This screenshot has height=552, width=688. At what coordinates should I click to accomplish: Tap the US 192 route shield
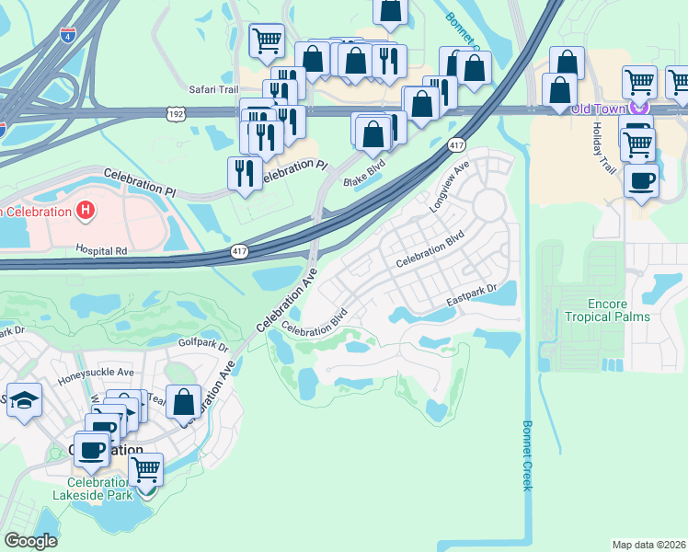(177, 112)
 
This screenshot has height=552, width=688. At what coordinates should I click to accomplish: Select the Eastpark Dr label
(472, 294)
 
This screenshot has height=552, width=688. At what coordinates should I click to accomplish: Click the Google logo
(30, 541)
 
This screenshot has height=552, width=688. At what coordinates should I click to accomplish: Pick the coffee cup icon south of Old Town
(641, 179)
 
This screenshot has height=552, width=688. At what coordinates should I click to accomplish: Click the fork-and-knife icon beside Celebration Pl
(245, 172)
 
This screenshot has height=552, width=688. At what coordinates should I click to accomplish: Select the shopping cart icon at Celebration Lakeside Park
(145, 468)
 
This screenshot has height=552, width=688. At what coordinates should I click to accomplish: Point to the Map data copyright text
(648, 544)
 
